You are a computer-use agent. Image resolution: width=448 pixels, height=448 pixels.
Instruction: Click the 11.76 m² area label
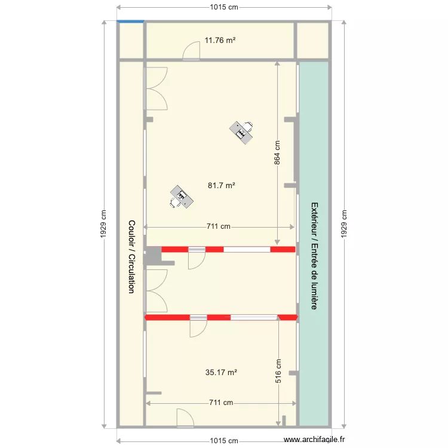[x=220, y=41]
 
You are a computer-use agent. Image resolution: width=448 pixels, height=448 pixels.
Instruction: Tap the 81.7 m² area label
[x=221, y=186]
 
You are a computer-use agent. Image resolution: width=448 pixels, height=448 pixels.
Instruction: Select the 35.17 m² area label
[x=221, y=372]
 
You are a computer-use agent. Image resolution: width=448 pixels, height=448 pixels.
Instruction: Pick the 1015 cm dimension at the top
[x=224, y=7]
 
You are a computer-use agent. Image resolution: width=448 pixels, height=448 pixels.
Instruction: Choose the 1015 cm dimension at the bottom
[x=224, y=441]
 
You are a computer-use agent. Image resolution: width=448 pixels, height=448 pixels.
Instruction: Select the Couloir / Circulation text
[x=131, y=256]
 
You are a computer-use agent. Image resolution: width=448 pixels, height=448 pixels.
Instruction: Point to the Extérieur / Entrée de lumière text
[x=314, y=256]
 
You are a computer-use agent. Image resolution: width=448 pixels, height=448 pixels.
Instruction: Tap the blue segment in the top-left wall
[x=131, y=22]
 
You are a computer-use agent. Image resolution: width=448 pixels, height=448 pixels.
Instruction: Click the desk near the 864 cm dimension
[x=242, y=130]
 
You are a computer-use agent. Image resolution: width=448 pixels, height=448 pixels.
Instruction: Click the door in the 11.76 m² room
[x=191, y=51]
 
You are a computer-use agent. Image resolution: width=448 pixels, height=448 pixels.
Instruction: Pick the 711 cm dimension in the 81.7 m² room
[x=218, y=226]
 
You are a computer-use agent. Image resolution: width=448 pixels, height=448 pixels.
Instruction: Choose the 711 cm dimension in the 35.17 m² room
[x=221, y=403]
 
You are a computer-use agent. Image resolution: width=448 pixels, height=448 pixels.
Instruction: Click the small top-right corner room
[x=313, y=41]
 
